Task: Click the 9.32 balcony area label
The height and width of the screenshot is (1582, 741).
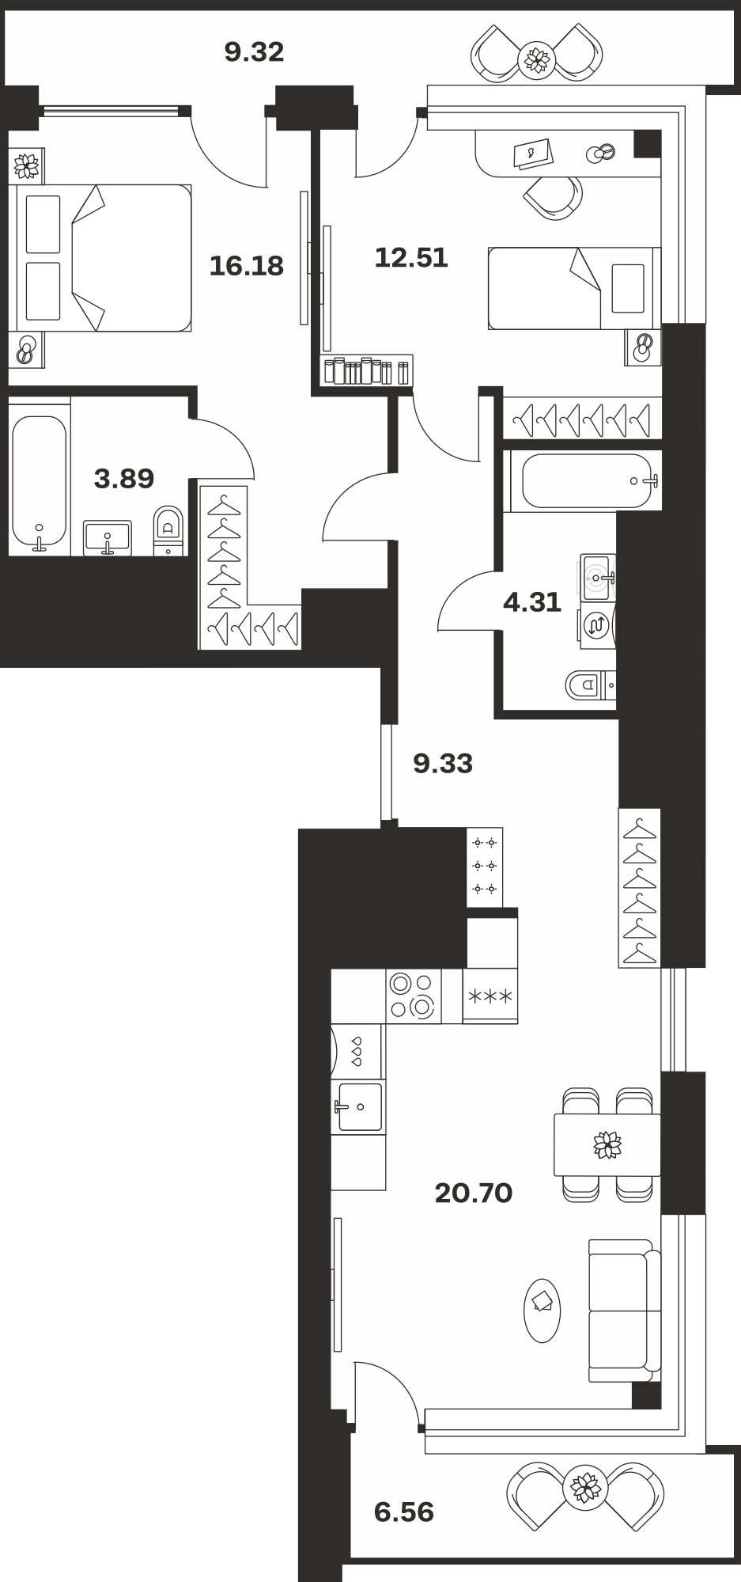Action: [x=254, y=52]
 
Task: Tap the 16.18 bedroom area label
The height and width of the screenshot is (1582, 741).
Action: [x=246, y=266]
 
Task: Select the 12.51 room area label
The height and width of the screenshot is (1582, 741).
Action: [x=411, y=257]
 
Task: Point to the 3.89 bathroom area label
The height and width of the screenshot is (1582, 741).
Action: [x=124, y=478]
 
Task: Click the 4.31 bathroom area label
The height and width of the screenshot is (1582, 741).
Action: [x=532, y=602]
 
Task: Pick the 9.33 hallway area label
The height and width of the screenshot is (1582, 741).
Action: [x=443, y=764]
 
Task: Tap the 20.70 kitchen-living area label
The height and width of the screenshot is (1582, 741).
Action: [x=474, y=1193]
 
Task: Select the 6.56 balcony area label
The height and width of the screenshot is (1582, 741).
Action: [x=404, y=1512]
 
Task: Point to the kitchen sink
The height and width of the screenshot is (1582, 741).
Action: [x=359, y=1106]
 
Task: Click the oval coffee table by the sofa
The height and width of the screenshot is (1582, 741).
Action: [x=542, y=1311]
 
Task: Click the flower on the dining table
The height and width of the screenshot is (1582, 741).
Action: [x=607, y=1144]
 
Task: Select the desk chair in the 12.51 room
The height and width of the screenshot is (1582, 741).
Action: [x=554, y=196]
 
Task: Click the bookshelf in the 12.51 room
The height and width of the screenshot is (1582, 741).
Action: [x=366, y=370]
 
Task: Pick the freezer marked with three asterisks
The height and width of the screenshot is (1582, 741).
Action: [x=490, y=996]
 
